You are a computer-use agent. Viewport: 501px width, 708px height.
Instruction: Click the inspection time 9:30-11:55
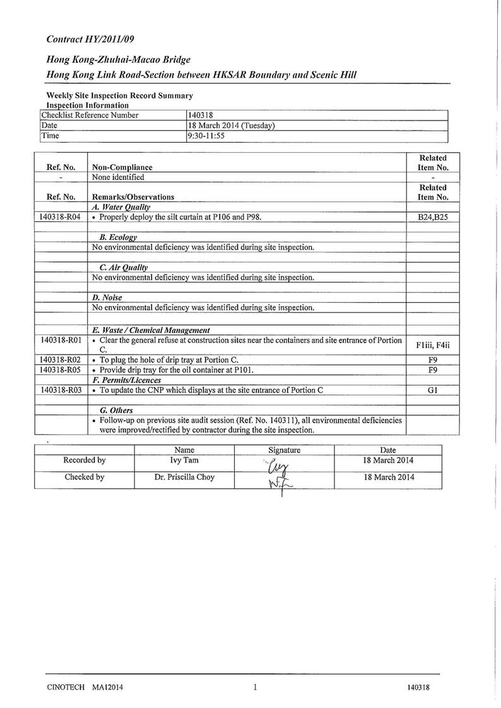[x=212, y=136]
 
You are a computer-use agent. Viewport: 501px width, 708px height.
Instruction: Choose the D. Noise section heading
[x=107, y=297]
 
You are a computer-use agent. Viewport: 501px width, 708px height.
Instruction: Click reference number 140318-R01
[x=61, y=341]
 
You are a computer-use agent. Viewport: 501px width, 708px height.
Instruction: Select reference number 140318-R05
[x=61, y=370]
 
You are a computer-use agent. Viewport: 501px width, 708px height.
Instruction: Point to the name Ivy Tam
[x=184, y=461]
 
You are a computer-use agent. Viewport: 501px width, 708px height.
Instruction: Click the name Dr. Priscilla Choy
[x=184, y=478]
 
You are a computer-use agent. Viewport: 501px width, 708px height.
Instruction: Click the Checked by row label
[x=85, y=478]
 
